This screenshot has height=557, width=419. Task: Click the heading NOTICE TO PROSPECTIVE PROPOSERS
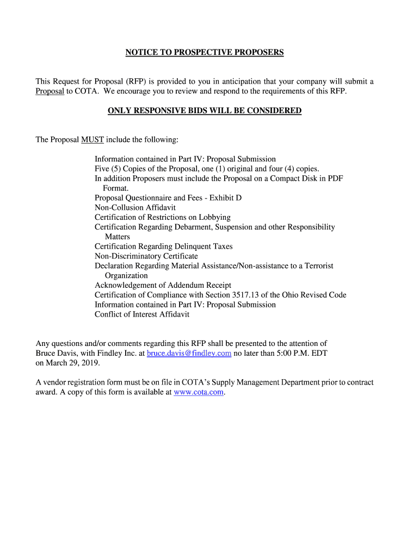coord(205,52)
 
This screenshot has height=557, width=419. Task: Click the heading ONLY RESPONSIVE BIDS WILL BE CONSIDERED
coord(205,111)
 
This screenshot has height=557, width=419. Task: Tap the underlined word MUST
coord(93,140)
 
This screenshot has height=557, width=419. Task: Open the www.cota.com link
coord(198,392)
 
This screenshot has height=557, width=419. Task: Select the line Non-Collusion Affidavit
coord(135,207)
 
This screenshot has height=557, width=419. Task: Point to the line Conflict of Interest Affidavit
coord(142,314)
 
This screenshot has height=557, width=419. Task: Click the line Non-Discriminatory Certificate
coord(146,256)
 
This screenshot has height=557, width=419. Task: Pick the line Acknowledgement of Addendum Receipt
coord(163,285)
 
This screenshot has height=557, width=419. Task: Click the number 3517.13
coord(247,295)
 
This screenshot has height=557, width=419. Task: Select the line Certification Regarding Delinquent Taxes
coord(163,246)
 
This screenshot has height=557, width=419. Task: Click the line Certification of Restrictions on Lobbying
coord(163,217)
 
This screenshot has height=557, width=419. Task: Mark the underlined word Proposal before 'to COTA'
coord(50,91)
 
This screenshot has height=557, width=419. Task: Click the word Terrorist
coord(317,266)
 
